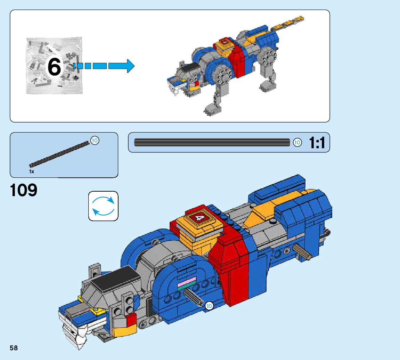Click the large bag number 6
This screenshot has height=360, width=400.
(54, 67)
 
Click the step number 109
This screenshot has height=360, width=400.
(24, 191)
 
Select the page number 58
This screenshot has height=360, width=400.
(14, 348)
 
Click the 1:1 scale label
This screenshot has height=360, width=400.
(317, 143)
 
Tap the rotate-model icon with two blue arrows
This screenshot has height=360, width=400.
(103, 206)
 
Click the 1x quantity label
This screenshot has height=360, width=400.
(32, 171)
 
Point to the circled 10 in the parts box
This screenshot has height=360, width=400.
(95, 140)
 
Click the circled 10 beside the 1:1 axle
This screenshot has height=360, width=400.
(297, 142)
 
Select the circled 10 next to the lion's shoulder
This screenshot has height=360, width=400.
(209, 306)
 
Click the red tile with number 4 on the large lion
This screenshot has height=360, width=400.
(199, 218)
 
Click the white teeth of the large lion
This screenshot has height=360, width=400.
(74, 333)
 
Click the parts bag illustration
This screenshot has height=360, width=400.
(54, 66)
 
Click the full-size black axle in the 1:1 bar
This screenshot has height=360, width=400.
(212, 142)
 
